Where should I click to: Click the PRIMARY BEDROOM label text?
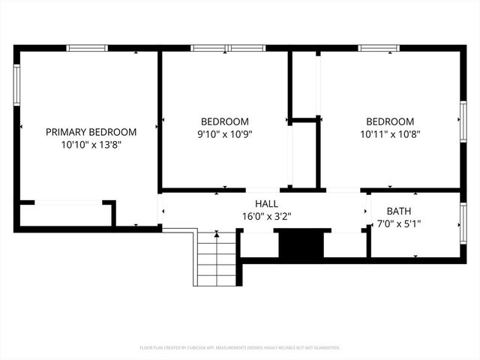[x=91, y=131]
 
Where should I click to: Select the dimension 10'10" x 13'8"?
[x=91, y=145]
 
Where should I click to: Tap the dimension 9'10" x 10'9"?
[x=224, y=135]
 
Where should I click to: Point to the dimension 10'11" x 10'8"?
[x=389, y=135]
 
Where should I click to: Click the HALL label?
[x=266, y=203]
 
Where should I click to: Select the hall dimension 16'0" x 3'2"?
[x=266, y=216]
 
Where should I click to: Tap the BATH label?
[x=398, y=211]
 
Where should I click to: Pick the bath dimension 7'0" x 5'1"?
[x=398, y=223]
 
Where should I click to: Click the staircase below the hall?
[x=217, y=259]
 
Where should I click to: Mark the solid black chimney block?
[x=299, y=244]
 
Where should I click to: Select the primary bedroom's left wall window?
[x=16, y=85]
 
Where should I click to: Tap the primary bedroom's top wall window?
[x=87, y=48]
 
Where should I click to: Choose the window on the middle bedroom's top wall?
[x=227, y=48]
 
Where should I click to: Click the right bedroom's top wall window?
[x=378, y=48]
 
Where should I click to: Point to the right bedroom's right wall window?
[x=463, y=122]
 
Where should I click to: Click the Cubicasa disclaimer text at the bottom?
[x=240, y=348]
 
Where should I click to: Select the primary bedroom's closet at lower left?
[x=64, y=214]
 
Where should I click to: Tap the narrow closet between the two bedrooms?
[x=304, y=154]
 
